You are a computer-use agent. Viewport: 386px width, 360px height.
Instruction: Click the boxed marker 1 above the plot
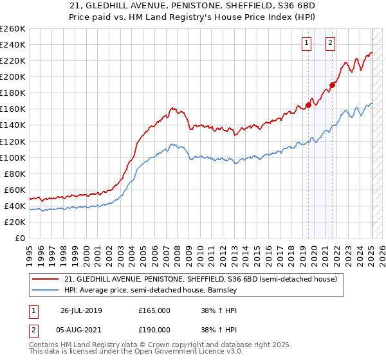point(306,44)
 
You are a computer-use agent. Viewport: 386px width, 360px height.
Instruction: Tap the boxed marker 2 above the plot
point(330,44)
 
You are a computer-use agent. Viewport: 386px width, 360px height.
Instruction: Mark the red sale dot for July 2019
point(309,105)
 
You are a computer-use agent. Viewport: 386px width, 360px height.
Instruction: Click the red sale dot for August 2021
point(333,84)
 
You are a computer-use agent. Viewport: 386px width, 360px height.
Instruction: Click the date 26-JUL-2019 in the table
point(81,310)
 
